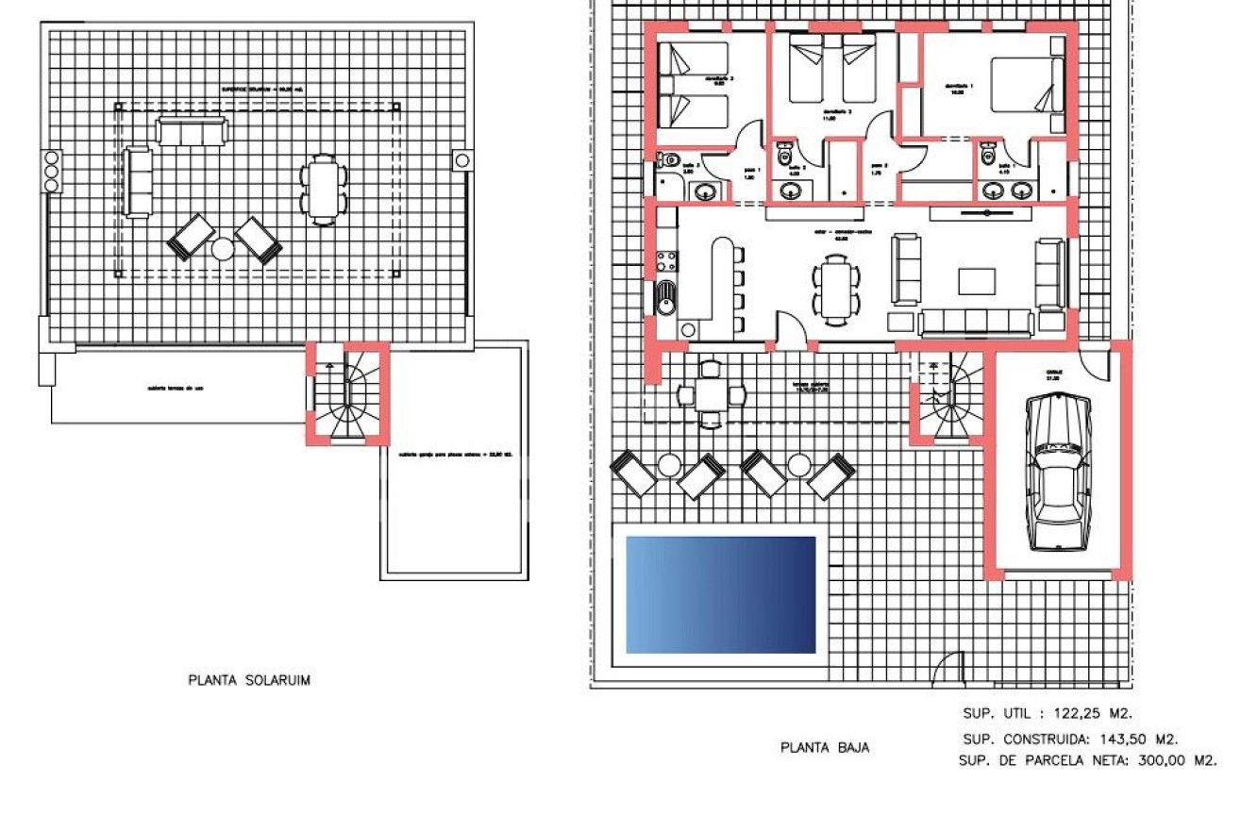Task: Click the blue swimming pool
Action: (720, 594)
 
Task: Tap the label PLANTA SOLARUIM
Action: (249, 680)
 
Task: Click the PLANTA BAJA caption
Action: (825, 748)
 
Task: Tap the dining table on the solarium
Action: (323, 190)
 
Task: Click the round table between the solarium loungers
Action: (223, 249)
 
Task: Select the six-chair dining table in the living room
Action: (837, 289)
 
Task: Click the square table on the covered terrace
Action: (711, 394)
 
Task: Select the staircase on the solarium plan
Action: (346, 394)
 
